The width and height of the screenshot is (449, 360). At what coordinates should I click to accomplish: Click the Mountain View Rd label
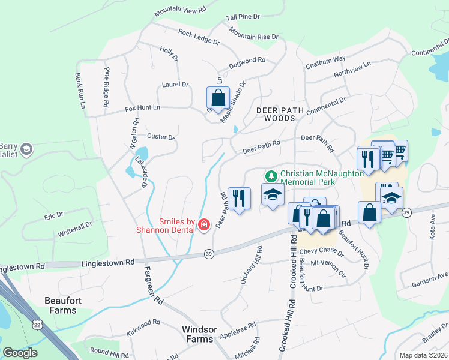(x=179, y=11)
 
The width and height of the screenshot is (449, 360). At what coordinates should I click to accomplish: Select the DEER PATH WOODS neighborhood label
(x=276, y=114)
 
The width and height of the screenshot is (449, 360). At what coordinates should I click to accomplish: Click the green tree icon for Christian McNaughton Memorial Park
(x=271, y=175)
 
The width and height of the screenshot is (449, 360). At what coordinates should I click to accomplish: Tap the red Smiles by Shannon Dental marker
(x=203, y=225)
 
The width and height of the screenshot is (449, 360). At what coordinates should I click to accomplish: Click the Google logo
(x=20, y=353)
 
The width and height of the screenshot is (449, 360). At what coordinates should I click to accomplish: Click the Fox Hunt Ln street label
(x=142, y=108)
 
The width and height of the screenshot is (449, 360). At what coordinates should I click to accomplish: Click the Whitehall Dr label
(x=75, y=229)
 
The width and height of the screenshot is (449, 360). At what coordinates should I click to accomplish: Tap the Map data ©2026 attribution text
(x=423, y=355)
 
